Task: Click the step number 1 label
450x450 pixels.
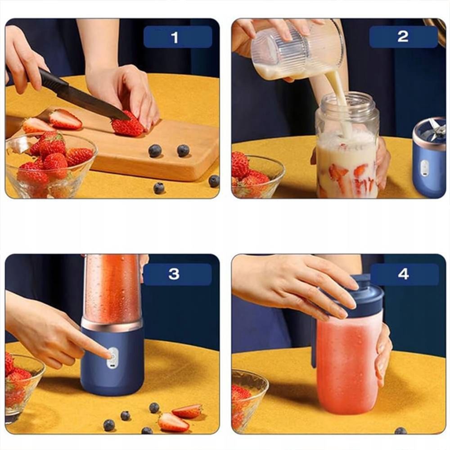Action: pyautogui.click(x=175, y=38)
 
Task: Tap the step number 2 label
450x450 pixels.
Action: pyautogui.click(x=403, y=37)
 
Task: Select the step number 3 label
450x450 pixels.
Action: pyautogui.click(x=174, y=274)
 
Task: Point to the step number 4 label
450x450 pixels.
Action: pyautogui.click(x=403, y=274)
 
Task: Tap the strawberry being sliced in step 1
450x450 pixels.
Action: pyautogui.click(x=127, y=125)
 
